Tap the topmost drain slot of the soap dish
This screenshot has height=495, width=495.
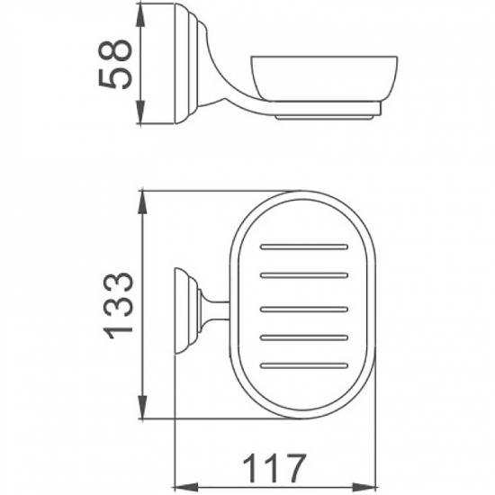click(x=305, y=245)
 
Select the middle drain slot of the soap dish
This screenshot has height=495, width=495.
click(x=305, y=305)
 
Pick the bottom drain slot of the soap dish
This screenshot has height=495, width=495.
click(x=305, y=365)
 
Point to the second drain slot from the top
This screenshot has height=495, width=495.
click(x=305, y=274)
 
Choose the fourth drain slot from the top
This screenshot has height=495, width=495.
click(x=305, y=336)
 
